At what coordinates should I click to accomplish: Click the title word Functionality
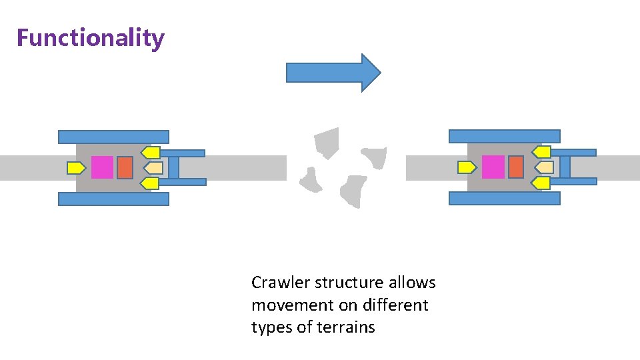(x=90, y=38)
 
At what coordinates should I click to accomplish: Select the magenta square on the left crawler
(x=102, y=167)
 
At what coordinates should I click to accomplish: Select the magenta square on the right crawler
(x=493, y=167)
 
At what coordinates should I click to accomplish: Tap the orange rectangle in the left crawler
(x=125, y=167)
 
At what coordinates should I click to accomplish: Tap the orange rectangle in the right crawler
(x=515, y=167)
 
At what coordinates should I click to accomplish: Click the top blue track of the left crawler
(x=113, y=137)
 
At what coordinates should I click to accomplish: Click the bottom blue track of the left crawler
(x=113, y=199)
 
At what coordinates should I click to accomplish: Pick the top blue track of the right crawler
(x=504, y=136)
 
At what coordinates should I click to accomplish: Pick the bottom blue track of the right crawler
(x=504, y=198)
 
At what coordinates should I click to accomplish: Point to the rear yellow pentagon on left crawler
(x=76, y=168)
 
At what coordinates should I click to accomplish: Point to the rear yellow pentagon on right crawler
(x=467, y=167)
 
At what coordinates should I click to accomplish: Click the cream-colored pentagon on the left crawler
(x=153, y=167)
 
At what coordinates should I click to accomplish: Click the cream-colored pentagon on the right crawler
(x=544, y=167)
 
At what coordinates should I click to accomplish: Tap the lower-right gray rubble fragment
(x=353, y=191)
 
